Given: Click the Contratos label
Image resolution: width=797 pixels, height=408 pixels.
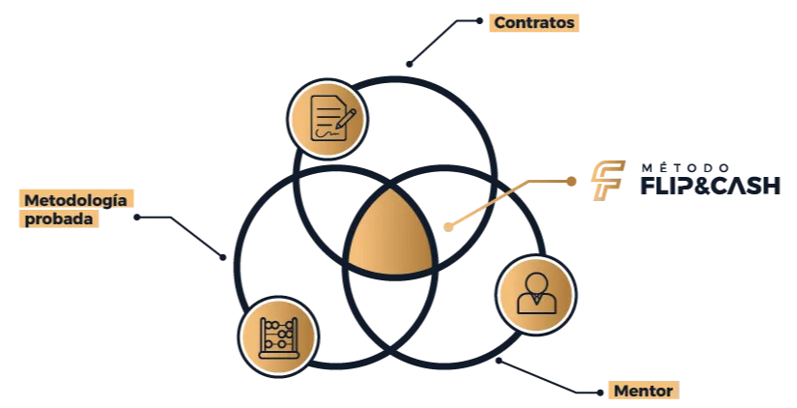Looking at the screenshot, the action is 532,22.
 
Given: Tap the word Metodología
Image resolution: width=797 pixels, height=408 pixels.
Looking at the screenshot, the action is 75,200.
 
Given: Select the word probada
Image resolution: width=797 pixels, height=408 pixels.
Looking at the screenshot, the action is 58,219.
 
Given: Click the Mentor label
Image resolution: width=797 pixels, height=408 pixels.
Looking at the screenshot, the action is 642,392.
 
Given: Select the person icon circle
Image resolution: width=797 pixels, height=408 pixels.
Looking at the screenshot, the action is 536,294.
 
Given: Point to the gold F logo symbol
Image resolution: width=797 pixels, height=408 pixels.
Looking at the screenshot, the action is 606,181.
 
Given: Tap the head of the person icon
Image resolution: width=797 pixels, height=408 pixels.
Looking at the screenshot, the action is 536,282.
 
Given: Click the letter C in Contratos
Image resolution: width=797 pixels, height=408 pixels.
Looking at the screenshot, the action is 499,22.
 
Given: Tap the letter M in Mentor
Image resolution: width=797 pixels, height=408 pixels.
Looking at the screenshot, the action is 621,392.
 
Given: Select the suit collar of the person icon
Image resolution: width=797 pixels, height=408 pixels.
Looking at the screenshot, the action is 536,302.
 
